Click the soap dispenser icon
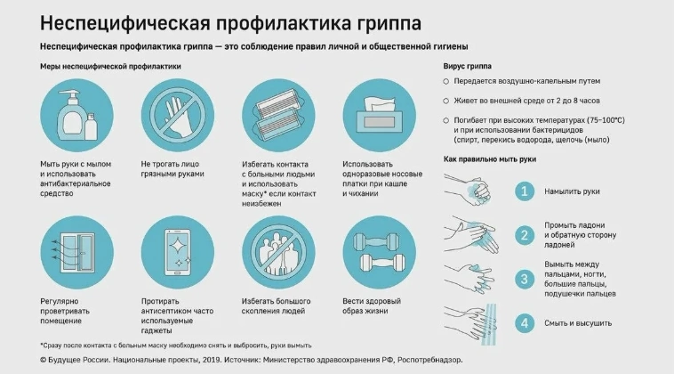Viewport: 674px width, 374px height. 76,116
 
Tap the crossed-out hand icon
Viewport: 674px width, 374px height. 178,116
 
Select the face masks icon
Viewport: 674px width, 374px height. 278,116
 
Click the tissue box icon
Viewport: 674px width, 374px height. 379,116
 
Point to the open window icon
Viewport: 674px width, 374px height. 76,253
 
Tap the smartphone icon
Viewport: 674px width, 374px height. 178,253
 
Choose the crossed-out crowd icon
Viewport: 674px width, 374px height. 278,253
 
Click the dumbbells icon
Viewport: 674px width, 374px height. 379,253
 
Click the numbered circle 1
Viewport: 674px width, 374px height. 525,191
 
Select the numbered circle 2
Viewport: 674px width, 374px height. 525,235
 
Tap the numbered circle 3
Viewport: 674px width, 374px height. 525,279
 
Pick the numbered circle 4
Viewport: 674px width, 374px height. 525,323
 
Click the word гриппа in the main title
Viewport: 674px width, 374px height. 389,24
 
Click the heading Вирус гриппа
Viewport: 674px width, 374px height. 467,66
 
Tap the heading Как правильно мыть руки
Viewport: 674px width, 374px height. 490,159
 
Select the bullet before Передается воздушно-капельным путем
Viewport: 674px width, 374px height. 446,81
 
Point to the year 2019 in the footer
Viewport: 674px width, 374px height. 211,360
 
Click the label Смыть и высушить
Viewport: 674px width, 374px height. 578,323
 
